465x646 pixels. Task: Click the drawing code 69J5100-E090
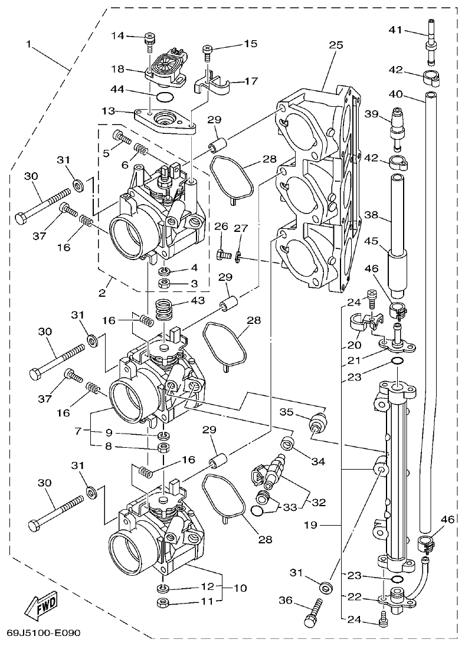click(43, 633)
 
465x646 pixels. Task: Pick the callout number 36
click(286, 601)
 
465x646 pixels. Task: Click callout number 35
click(286, 412)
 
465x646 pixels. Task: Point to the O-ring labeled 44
click(165, 97)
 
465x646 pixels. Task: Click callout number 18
click(118, 68)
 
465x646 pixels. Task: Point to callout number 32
click(318, 502)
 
